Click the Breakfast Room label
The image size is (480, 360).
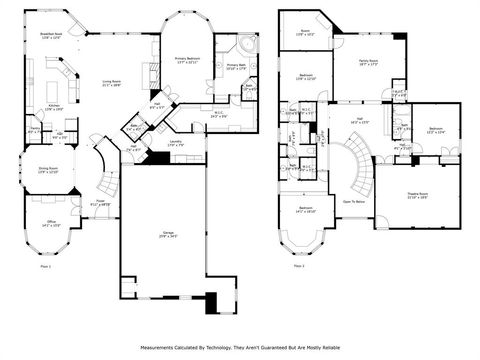click(51, 34)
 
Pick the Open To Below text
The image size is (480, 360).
click(353, 201)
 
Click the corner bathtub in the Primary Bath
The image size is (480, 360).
click(245, 46)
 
